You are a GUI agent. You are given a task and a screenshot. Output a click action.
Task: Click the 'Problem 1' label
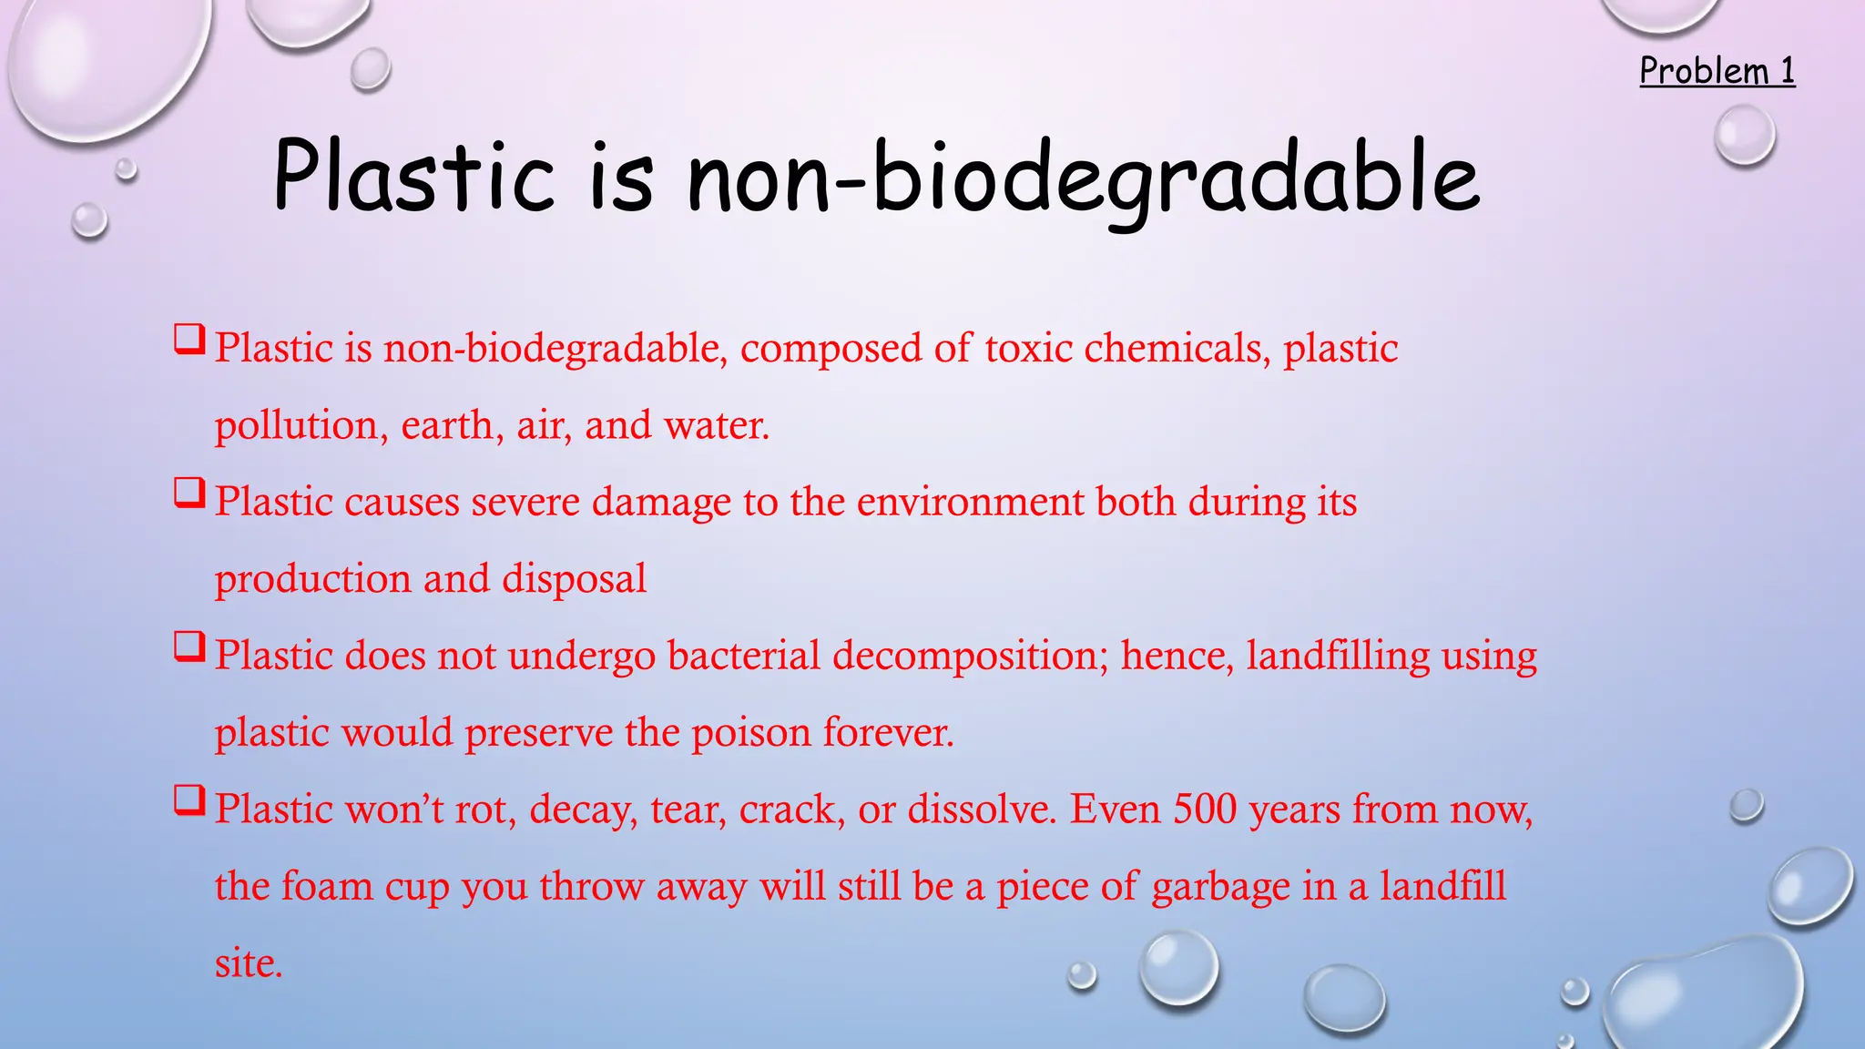click(x=1717, y=71)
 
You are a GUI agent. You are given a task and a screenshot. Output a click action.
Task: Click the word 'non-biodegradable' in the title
click(x=1083, y=178)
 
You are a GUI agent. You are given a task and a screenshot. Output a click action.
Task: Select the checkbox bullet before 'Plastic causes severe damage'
click(x=189, y=494)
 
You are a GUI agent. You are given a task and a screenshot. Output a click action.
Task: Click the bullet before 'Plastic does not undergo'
click(x=189, y=648)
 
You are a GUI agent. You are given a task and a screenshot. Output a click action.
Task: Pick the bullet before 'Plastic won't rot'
click(x=189, y=802)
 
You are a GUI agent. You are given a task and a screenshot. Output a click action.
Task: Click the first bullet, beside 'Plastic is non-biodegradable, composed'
click(x=189, y=341)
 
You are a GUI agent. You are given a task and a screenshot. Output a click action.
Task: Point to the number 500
click(x=1205, y=809)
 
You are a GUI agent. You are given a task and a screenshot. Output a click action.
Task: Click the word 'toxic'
click(x=1028, y=348)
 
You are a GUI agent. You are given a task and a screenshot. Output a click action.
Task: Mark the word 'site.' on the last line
click(x=249, y=963)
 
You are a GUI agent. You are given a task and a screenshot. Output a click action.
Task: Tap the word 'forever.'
click(x=888, y=732)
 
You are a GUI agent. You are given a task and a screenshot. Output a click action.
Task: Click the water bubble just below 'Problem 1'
click(x=1745, y=135)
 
